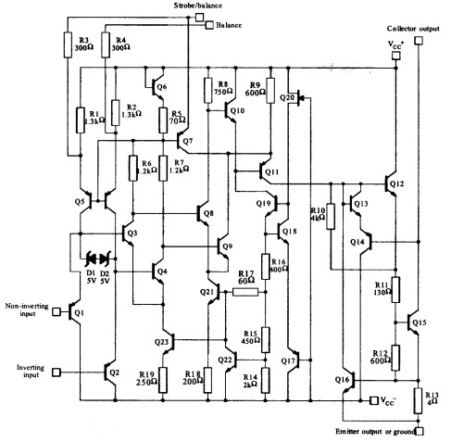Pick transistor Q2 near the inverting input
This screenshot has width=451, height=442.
coord(106,373)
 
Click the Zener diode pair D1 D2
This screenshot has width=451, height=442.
coord(98,259)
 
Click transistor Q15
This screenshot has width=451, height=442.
coord(416,322)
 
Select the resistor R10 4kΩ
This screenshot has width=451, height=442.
coord(330,223)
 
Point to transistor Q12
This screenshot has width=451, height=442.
coord(395,183)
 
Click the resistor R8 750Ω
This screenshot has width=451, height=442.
coord(209,90)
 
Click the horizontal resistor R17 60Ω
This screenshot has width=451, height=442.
coord(245,291)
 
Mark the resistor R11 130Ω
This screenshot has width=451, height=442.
coord(395,288)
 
